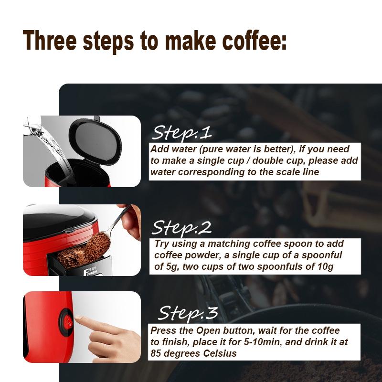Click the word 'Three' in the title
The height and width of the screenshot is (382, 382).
[49, 40]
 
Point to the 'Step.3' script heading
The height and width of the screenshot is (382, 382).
[188, 313]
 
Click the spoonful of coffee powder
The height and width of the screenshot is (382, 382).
[98, 244]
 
